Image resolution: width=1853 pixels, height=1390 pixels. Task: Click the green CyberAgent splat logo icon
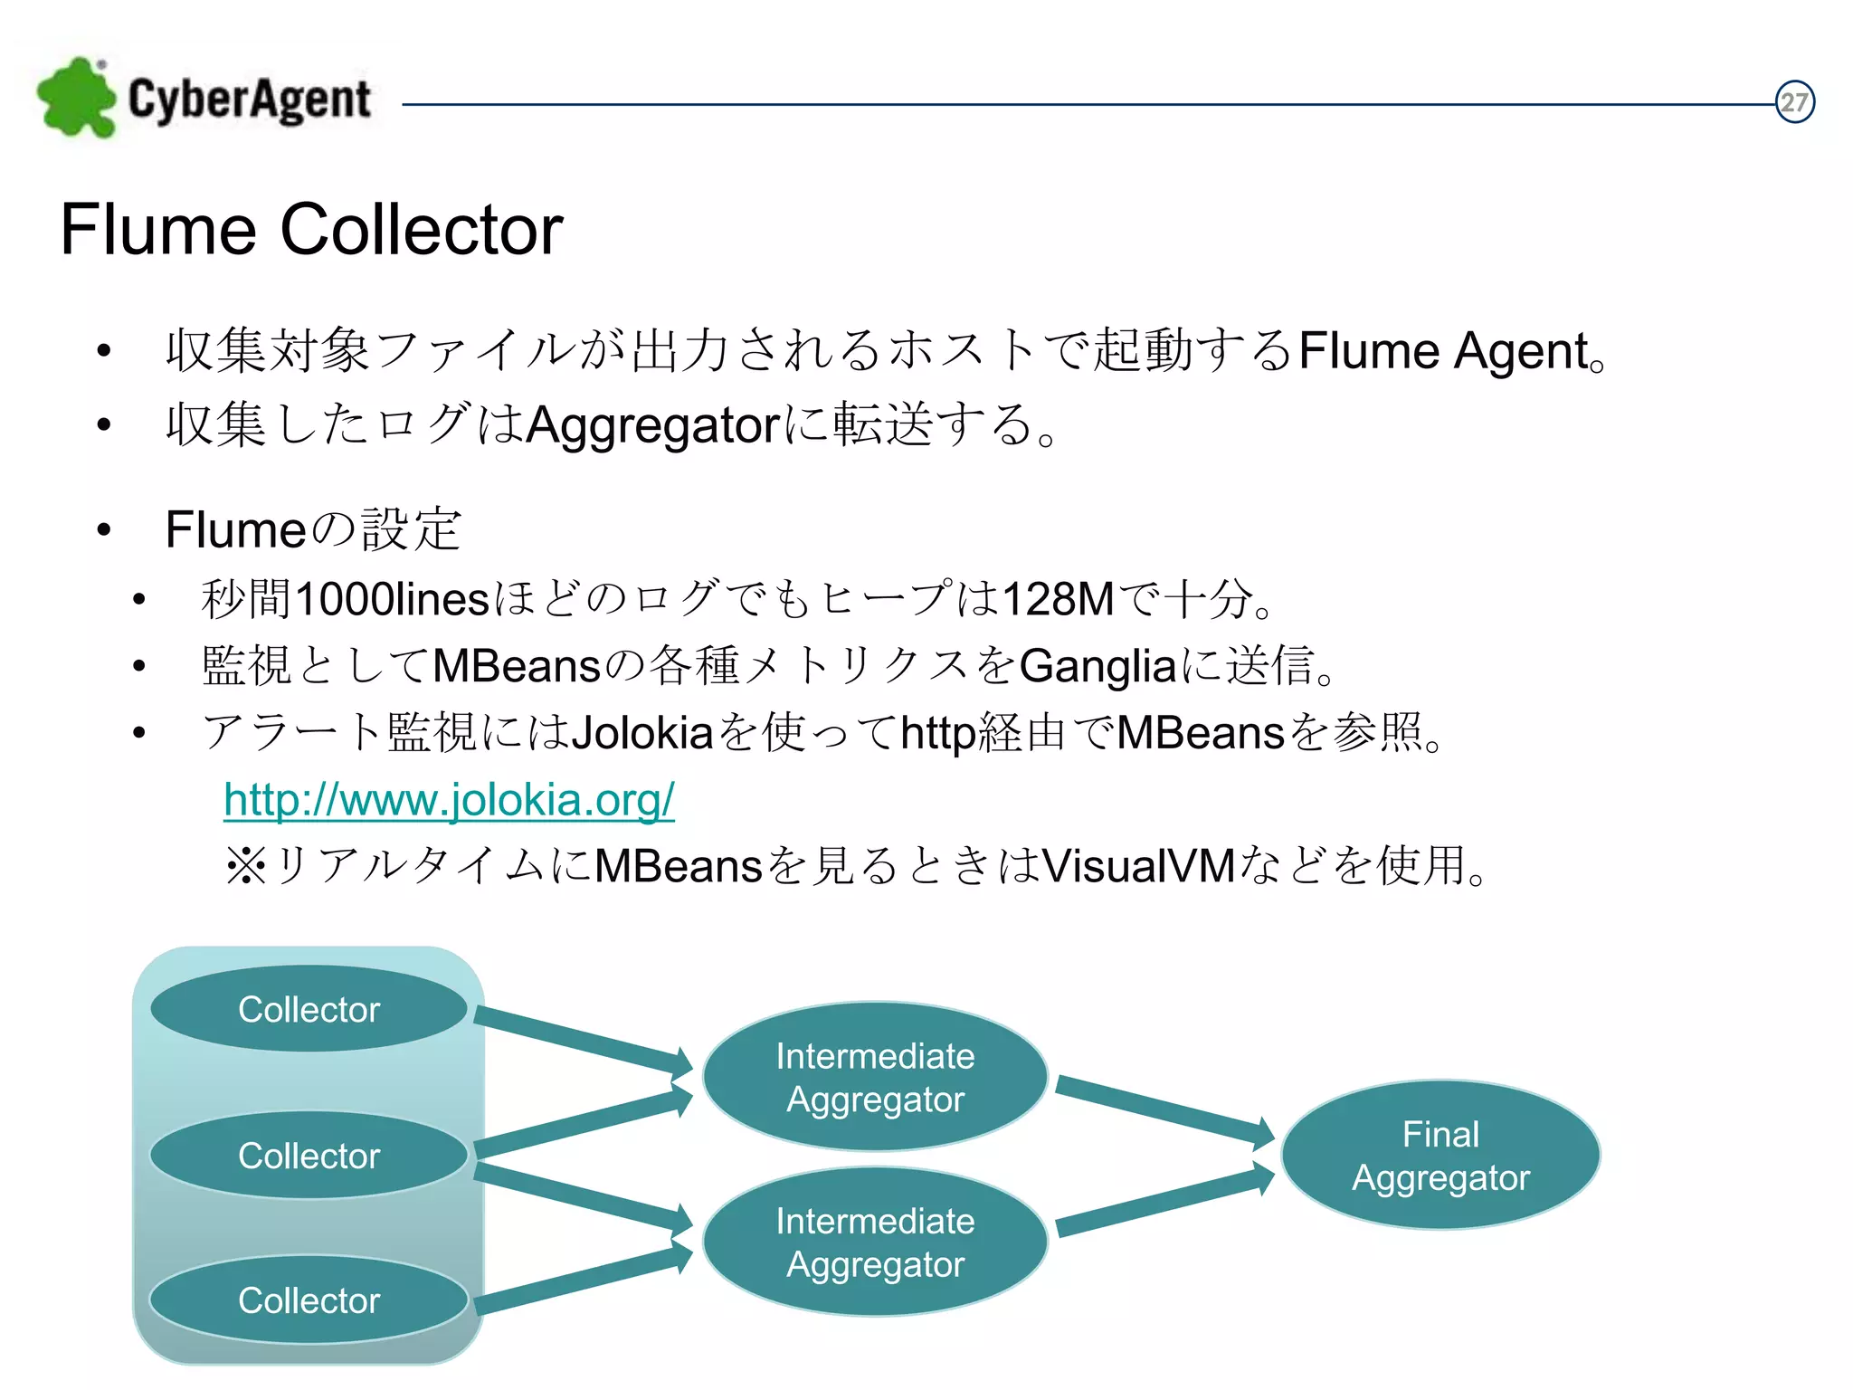click(77, 98)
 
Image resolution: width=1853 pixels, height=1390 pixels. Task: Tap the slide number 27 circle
click(1794, 102)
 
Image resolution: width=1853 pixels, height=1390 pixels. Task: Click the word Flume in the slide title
click(159, 230)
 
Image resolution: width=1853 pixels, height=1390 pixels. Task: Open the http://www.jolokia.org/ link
click(449, 800)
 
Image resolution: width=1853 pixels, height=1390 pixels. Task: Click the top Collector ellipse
click(309, 1009)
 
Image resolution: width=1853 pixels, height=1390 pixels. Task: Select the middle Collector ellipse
click(309, 1156)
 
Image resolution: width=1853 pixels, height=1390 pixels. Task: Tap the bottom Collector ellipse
click(309, 1300)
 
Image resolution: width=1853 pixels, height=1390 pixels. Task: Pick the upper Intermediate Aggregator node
click(875, 1077)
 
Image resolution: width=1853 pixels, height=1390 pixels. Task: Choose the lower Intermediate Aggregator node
click(875, 1242)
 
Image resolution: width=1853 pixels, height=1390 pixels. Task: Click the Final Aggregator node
click(1440, 1156)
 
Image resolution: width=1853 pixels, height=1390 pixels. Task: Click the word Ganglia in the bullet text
click(1098, 667)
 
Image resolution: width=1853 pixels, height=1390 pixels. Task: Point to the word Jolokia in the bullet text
click(643, 733)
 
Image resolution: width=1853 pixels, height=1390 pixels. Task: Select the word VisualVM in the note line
click(1138, 866)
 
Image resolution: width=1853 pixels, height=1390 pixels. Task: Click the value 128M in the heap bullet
click(1058, 599)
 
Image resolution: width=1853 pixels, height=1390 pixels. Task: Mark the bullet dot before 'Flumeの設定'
click(104, 530)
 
